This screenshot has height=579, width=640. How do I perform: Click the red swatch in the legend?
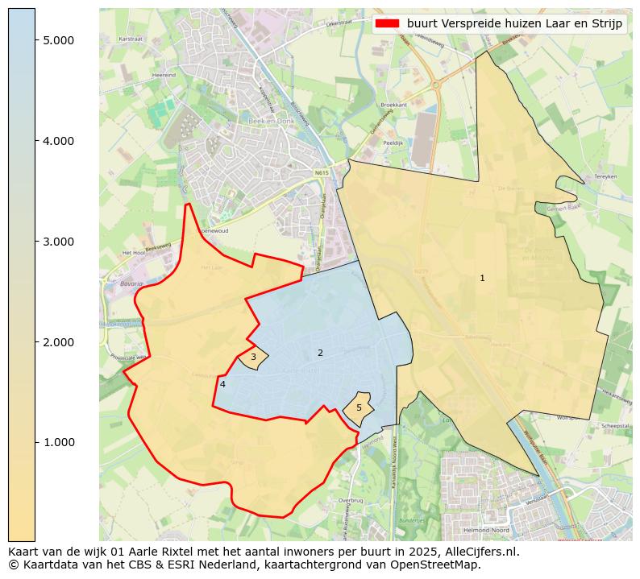click(x=388, y=23)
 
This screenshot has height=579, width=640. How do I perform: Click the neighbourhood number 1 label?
click(x=482, y=278)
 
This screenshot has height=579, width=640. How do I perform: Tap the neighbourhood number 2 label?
click(x=320, y=353)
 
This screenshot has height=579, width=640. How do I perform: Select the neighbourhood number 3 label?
click(x=253, y=357)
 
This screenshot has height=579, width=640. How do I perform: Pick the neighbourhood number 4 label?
click(x=222, y=384)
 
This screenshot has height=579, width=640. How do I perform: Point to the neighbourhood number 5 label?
click(x=359, y=407)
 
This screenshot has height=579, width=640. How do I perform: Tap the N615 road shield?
click(x=322, y=172)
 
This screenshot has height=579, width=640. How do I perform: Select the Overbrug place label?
click(x=351, y=500)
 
